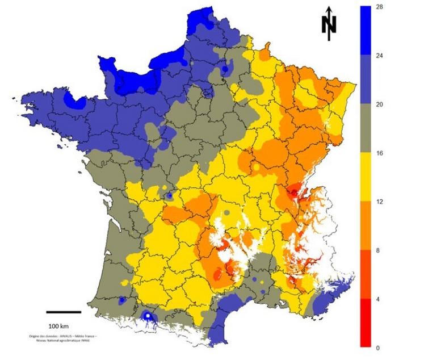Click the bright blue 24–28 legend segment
(367, 31)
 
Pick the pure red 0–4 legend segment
(367, 323)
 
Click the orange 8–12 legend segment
(367, 225)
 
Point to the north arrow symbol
(329, 24)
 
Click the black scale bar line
(63, 312)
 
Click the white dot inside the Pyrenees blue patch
(148, 315)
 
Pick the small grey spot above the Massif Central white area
(228, 212)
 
